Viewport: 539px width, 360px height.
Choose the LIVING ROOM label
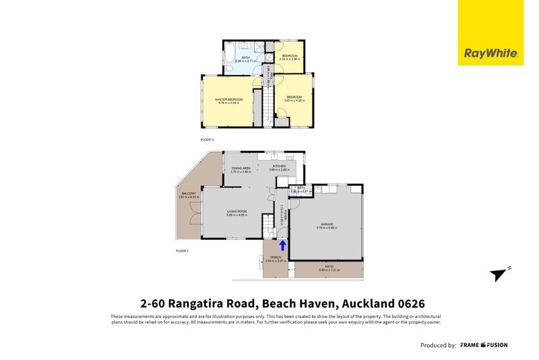(236, 212)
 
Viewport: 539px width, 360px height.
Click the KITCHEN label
(280, 166)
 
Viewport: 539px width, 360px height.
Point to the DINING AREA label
(241, 168)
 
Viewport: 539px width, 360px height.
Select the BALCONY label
(189, 194)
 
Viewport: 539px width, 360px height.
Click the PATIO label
(329, 267)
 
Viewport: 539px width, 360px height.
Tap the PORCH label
(276, 258)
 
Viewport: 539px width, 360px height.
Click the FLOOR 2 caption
(207, 140)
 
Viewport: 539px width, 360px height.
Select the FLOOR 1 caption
(183, 251)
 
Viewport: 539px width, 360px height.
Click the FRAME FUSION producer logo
(484, 345)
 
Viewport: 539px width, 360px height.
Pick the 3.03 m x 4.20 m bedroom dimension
(295, 100)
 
